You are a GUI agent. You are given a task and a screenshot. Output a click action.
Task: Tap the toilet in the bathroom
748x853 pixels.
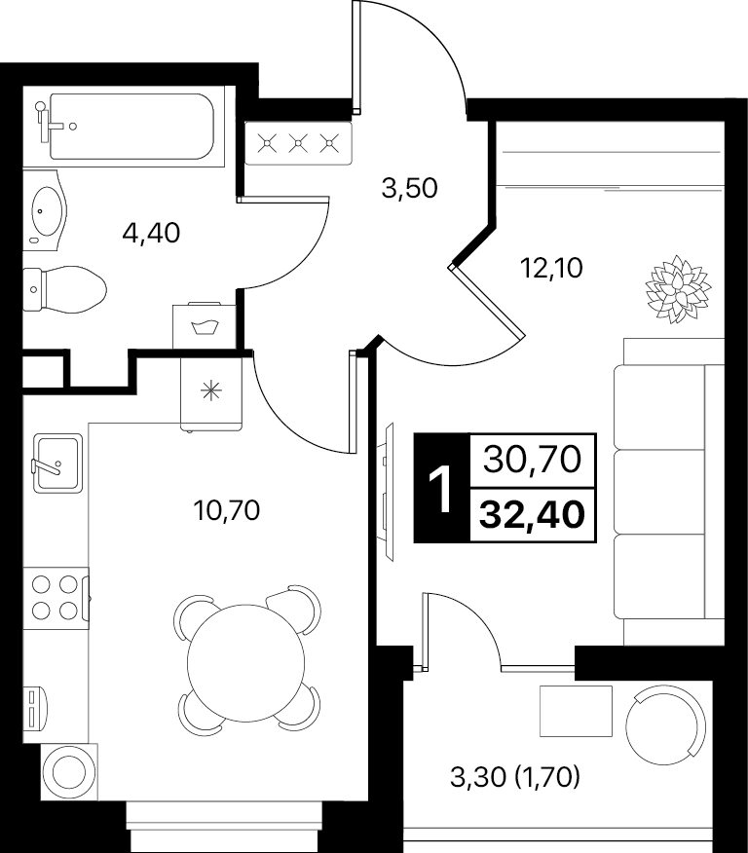(x=64, y=289)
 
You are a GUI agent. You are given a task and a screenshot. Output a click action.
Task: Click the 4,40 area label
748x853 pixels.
(x=151, y=234)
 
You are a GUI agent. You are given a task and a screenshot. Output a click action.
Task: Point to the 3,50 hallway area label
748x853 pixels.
(x=410, y=189)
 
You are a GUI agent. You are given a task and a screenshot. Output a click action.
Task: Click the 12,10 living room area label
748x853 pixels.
(x=551, y=268)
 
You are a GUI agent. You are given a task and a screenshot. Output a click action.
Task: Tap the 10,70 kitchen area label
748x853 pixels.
(x=227, y=510)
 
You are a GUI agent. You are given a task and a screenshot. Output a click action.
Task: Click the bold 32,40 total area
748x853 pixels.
(x=532, y=515)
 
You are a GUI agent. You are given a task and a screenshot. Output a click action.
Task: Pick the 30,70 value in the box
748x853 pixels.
(x=532, y=460)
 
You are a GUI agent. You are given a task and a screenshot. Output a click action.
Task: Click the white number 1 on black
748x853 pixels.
(x=441, y=488)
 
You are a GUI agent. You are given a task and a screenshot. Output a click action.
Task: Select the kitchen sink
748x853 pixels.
(x=57, y=463)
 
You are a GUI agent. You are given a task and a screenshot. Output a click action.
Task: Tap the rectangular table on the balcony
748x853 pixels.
(x=576, y=711)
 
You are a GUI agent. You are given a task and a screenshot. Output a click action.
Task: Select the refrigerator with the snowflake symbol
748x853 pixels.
(x=211, y=391)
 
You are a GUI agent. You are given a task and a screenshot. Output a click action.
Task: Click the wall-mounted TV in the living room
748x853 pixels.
(x=388, y=491)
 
